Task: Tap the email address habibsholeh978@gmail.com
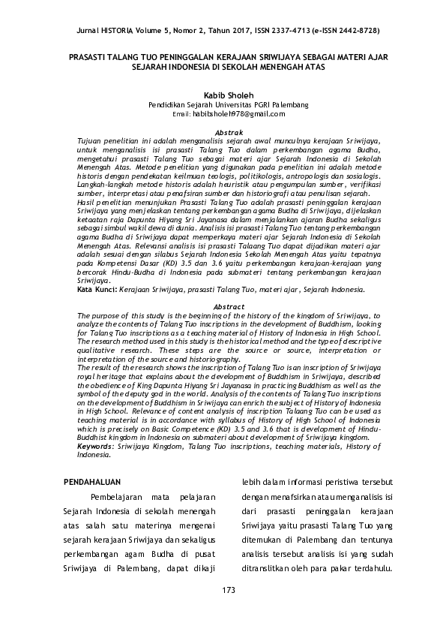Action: coord(239,114)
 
